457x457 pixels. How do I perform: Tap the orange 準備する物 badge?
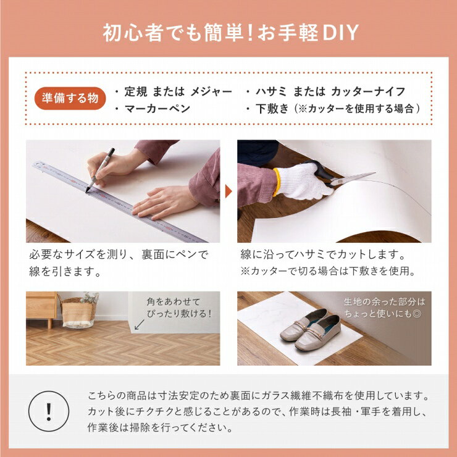pyautogui.click(x=70, y=98)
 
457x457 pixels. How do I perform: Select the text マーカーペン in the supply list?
pyautogui.click(x=157, y=109)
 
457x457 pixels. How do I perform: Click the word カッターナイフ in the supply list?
pyautogui.click(x=368, y=91)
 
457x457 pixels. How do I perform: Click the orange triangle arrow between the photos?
pyautogui.click(x=228, y=191)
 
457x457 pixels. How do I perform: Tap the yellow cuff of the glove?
pyautogui.click(x=276, y=182)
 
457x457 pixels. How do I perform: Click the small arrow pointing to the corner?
pyautogui.click(x=140, y=324)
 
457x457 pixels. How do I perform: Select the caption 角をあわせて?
pyautogui.click(x=174, y=301)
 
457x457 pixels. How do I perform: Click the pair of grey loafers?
pyautogui.click(x=311, y=329)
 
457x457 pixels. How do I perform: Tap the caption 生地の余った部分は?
pyautogui.click(x=384, y=301)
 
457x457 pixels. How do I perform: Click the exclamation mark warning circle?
pyautogui.click(x=49, y=411)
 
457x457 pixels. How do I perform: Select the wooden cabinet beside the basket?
pyautogui.click(x=41, y=308)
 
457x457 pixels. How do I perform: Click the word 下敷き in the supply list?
pyautogui.click(x=272, y=109)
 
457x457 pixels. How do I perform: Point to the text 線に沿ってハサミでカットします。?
pyautogui.click(x=324, y=254)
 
